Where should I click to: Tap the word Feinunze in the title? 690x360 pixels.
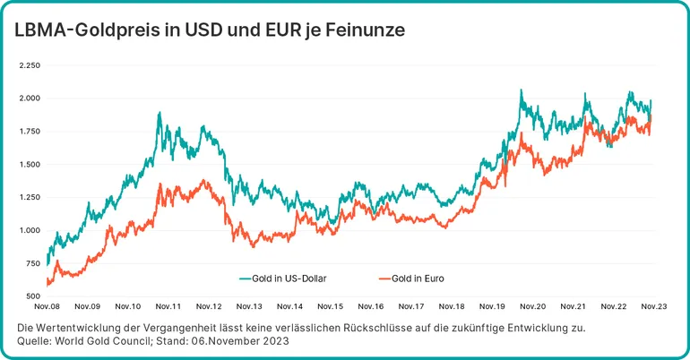pos(364,30)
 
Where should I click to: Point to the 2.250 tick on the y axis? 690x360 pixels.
pos(30,65)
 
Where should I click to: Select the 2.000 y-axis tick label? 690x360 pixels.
pos(30,99)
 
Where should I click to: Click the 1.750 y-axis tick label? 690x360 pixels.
pos(30,132)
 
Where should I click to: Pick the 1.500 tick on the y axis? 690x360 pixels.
pos(30,165)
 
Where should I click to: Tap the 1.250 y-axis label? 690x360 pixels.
pos(30,197)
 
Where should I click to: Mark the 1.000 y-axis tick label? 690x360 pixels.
pos(30,230)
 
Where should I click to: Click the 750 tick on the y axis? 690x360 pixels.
pos(33,263)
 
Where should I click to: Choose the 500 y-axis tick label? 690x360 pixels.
pos(33,296)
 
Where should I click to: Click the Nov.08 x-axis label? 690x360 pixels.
pos(47,306)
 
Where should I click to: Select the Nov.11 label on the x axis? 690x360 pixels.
pos(168,306)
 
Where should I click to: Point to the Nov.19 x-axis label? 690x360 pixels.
pos(492,306)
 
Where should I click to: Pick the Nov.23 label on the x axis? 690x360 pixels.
pos(652,306)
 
